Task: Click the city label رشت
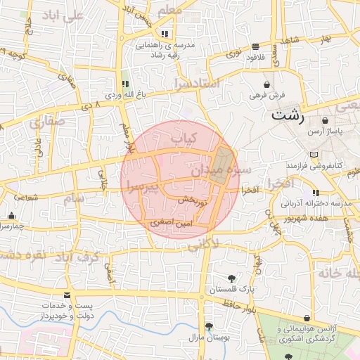[288, 115]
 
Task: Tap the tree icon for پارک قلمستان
[232, 278]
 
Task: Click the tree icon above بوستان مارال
[209, 326]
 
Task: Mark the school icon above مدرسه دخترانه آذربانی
[316, 193]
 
